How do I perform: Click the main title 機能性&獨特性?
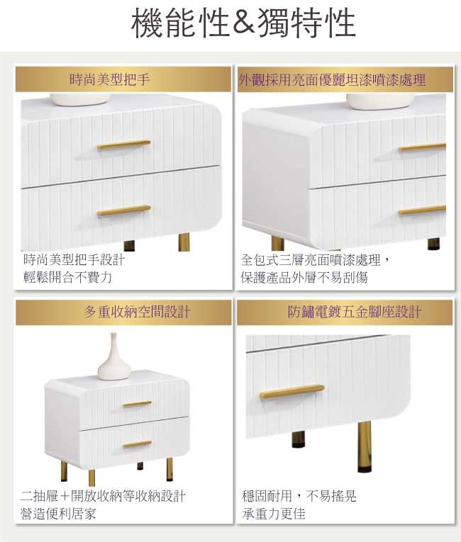pos(243,23)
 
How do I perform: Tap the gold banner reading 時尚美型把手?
pos(123,79)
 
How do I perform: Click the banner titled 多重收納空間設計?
pos(123,312)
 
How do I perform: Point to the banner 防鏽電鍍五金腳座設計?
pos(345,312)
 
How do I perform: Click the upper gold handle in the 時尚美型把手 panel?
pos(124,145)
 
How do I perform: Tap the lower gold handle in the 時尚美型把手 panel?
pos(124,210)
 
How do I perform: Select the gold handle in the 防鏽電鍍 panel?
pos(291,391)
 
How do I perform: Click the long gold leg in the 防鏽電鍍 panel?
pos(365,446)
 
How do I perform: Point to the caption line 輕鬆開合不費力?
pos(68,277)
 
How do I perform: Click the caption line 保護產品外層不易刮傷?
pos(304,277)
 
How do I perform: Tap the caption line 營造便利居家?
pos(58,514)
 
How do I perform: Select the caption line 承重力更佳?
pos(274,514)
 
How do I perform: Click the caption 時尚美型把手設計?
pos(74,259)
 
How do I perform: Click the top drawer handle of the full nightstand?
pos(137,403)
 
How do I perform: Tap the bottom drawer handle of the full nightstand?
pos(137,444)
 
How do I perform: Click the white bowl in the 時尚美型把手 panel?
pos(80,100)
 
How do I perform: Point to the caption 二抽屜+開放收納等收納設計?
pos(103,496)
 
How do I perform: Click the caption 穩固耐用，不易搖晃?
pos(299,496)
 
